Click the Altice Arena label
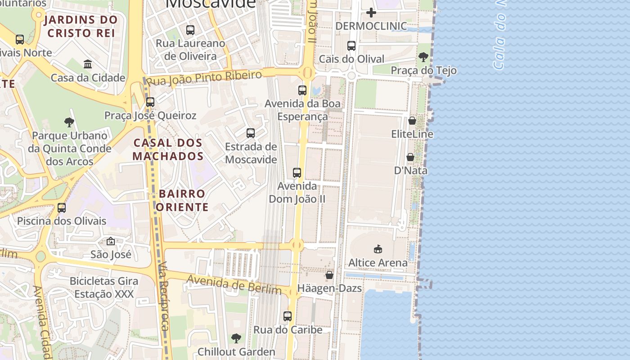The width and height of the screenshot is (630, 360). (x=378, y=262)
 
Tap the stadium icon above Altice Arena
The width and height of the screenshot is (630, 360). (x=378, y=249)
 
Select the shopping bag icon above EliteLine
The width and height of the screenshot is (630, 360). (x=412, y=121)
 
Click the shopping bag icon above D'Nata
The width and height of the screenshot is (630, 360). (x=410, y=157)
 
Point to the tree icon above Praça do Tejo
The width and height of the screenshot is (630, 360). (x=423, y=57)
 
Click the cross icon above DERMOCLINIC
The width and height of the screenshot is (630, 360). (x=371, y=12)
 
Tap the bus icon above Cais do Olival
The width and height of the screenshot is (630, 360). (x=351, y=46)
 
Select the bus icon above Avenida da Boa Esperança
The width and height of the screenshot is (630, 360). (x=302, y=90)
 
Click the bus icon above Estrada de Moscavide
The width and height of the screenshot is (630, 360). (x=251, y=133)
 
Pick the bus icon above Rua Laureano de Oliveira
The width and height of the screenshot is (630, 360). (x=190, y=30)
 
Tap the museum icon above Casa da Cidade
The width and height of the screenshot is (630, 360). (x=88, y=64)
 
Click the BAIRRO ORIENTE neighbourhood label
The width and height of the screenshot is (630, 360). (x=182, y=200)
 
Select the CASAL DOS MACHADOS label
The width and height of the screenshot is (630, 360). (x=168, y=149)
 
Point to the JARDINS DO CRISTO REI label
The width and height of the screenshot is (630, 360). (x=81, y=26)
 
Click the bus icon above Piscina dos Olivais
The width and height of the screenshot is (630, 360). (x=62, y=208)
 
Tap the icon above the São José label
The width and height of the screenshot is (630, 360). (x=111, y=242)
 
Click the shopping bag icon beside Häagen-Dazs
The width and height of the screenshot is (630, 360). (x=329, y=275)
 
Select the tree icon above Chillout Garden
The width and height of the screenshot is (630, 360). (x=236, y=338)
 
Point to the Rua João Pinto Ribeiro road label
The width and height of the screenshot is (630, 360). (x=205, y=78)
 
